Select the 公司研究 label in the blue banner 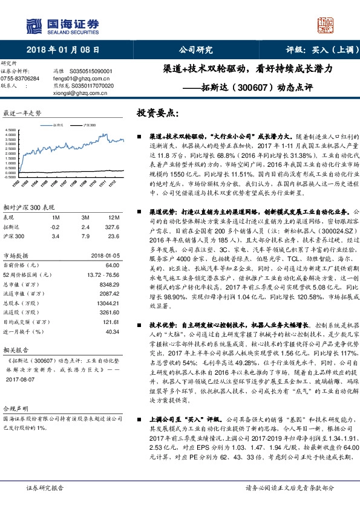[195, 50]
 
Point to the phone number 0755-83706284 [20, 79]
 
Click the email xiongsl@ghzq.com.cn [79, 93]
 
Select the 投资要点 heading [159, 113]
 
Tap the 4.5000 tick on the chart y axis [11, 129]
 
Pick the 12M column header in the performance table [113, 216]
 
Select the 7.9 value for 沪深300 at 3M [85, 236]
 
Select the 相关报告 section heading [15, 350]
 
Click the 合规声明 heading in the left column [15, 409]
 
